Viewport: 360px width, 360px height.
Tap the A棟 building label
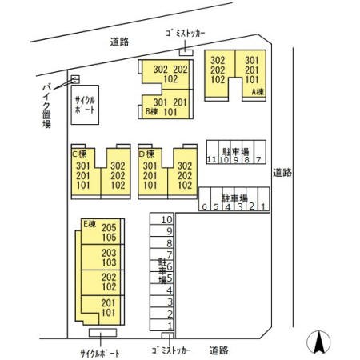click(x=258, y=92)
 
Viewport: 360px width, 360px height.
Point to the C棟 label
click(x=79, y=154)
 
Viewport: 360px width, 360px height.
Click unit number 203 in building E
click(x=109, y=253)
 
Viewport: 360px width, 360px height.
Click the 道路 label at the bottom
click(x=219, y=350)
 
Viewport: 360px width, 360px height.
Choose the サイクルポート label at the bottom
click(x=100, y=352)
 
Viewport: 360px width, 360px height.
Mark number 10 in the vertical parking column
click(x=166, y=219)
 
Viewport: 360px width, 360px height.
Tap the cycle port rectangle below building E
click(x=103, y=332)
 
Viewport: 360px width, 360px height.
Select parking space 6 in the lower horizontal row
click(x=205, y=207)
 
